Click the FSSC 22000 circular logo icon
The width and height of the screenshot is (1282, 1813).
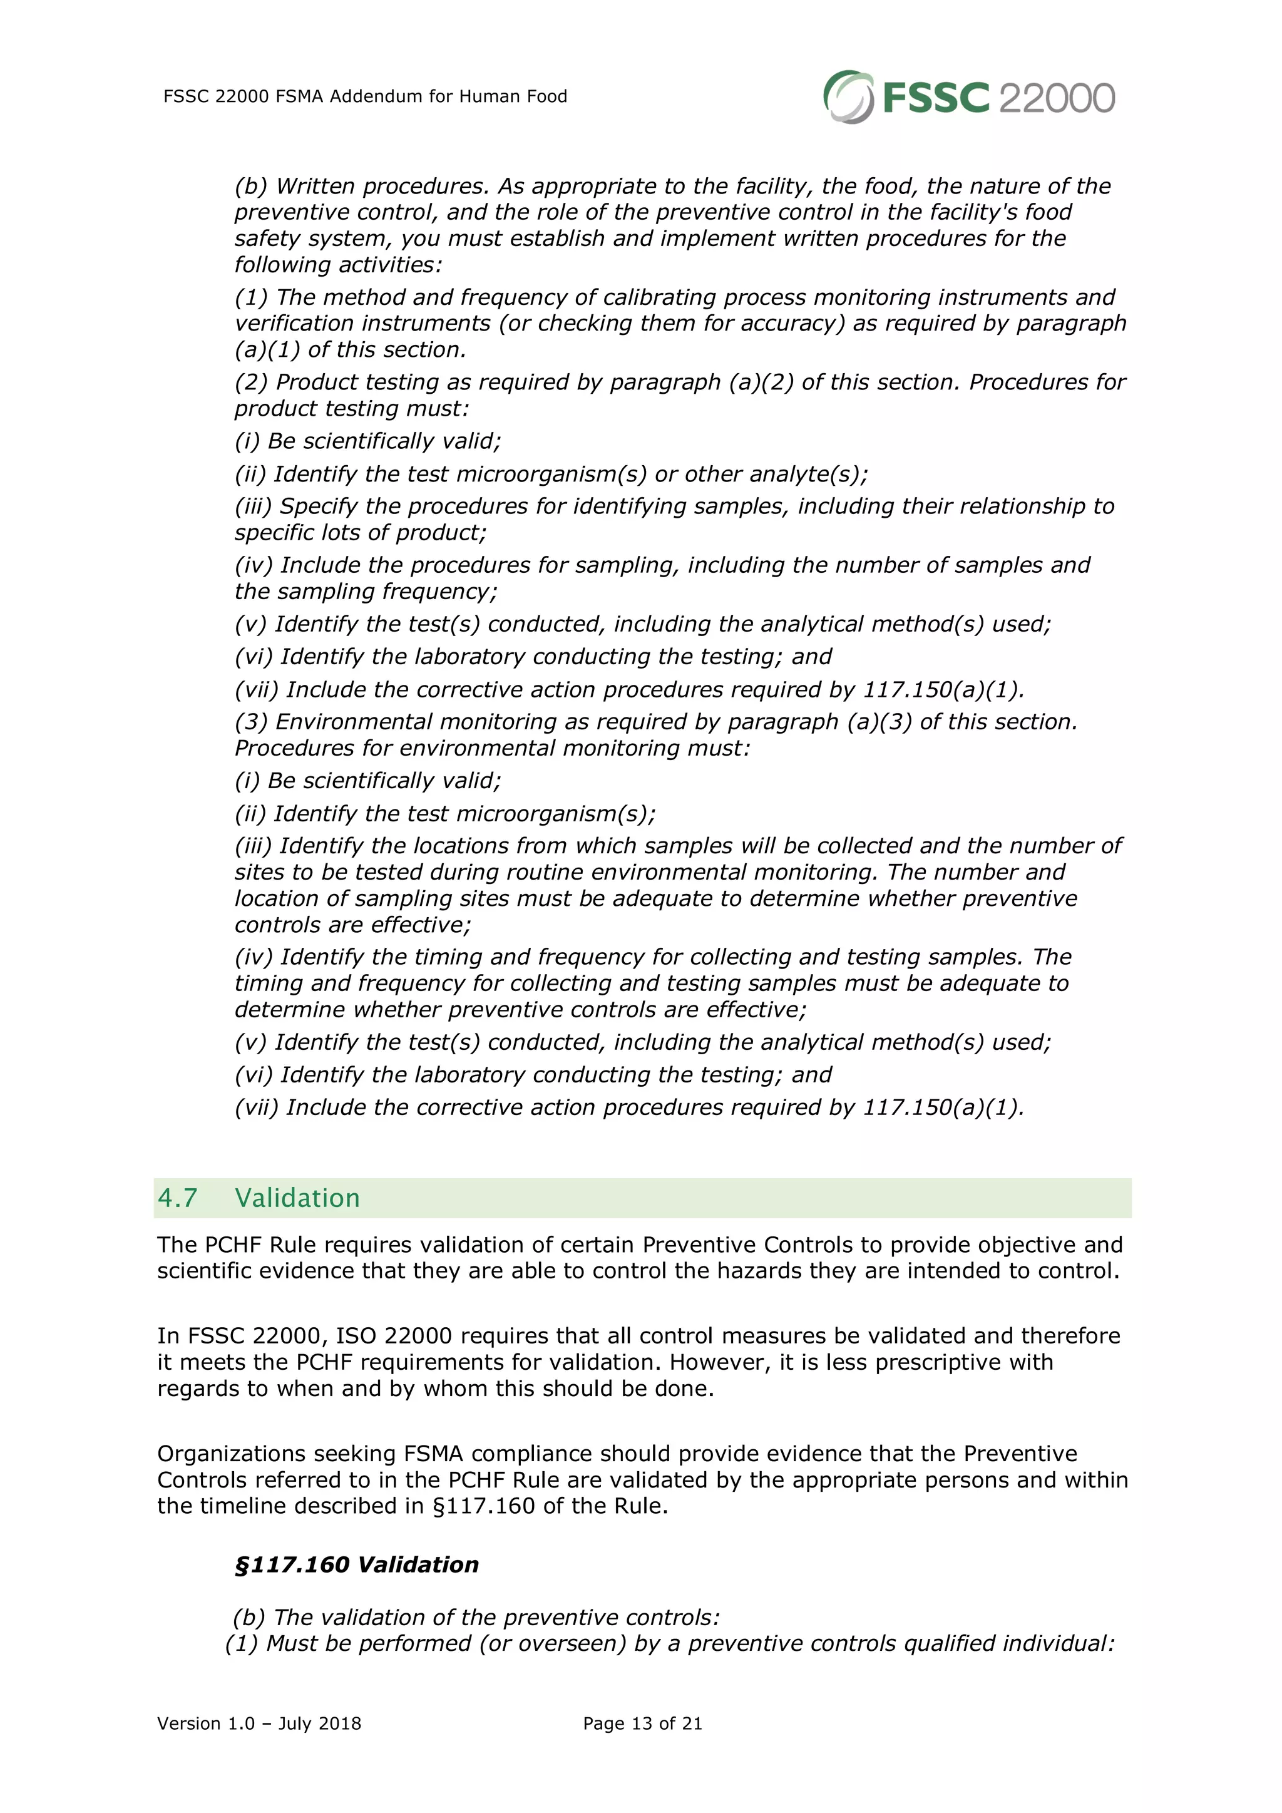point(848,97)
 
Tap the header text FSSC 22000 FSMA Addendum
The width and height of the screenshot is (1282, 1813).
point(365,96)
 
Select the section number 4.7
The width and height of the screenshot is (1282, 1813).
point(178,1198)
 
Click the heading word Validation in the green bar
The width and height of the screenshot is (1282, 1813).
point(297,1198)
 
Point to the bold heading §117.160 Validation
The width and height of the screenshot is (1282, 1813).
point(357,1564)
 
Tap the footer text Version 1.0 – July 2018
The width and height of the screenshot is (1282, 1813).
point(259,1723)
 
